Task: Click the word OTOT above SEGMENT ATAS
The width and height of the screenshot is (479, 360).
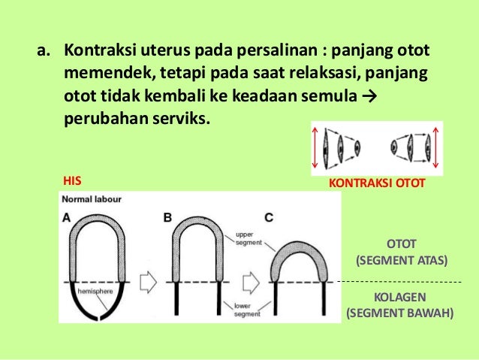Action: [x=401, y=245]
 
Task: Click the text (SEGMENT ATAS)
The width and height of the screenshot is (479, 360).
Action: [x=401, y=261]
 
